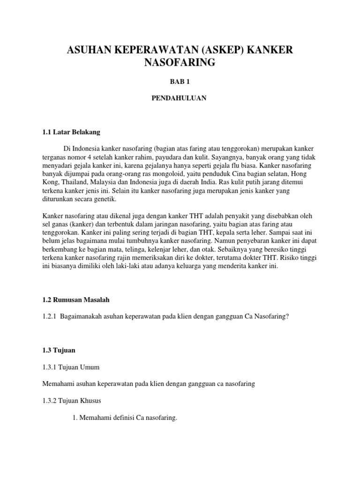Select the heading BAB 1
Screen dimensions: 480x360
click(180, 81)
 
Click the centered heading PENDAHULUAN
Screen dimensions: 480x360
click(180, 98)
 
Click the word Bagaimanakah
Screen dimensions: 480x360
click(83, 316)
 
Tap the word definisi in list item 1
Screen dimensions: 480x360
click(123, 418)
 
